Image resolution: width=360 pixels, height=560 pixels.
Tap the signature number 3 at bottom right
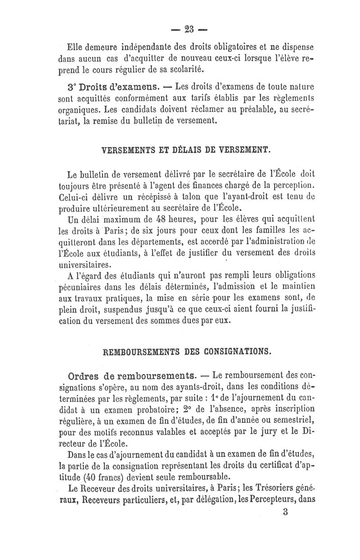[285, 512]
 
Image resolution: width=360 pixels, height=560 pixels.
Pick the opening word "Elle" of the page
[74, 46]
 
